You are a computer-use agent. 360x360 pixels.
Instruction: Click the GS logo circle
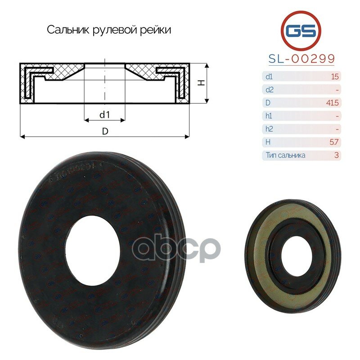pyautogui.click(x=301, y=31)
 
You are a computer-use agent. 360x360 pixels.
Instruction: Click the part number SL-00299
pyautogui.click(x=301, y=59)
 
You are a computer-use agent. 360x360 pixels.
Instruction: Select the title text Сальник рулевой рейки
pyautogui.click(x=109, y=30)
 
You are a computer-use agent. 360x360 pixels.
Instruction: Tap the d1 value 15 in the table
pyautogui.click(x=334, y=76)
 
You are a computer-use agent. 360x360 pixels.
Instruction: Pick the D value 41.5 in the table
pyautogui.click(x=333, y=103)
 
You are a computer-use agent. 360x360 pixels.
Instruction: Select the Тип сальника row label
pyautogui.click(x=285, y=155)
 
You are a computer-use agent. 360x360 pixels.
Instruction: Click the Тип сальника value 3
pyautogui.click(x=336, y=155)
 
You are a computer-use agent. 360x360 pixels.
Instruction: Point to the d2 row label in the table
pyautogui.click(x=269, y=90)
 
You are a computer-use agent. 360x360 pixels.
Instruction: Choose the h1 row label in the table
pyautogui.click(x=269, y=116)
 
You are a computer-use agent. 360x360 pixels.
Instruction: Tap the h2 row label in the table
pyautogui.click(x=269, y=129)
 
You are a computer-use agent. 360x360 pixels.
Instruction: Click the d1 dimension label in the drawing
pyautogui.click(x=104, y=115)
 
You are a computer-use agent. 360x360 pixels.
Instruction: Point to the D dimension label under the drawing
pyautogui.click(x=104, y=131)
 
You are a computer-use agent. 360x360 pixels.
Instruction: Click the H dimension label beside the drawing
pyautogui.click(x=202, y=83)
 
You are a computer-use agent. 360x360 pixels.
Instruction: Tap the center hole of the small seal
pyautogui.click(x=289, y=255)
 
